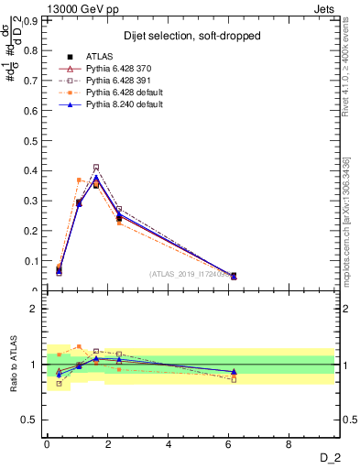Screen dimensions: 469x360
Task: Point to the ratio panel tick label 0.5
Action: click(x=33, y=420)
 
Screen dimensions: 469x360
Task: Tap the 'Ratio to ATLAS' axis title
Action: click(x=13, y=365)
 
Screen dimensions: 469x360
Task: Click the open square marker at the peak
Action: click(x=96, y=168)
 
